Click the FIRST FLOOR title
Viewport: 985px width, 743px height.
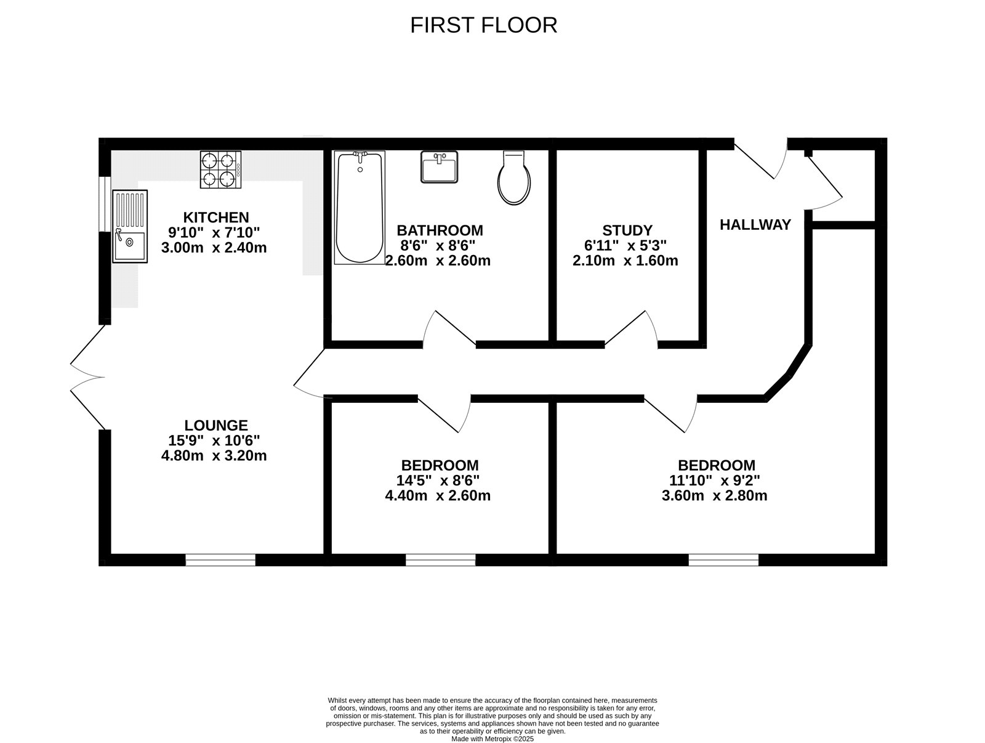(x=483, y=25)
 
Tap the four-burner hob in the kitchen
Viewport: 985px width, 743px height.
(x=220, y=169)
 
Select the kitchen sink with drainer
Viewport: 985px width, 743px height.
(x=130, y=226)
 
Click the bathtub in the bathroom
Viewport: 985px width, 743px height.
(x=360, y=208)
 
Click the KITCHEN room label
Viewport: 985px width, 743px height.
(x=216, y=217)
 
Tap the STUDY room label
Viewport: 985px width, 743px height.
(x=627, y=230)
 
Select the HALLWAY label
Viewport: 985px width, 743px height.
(x=755, y=225)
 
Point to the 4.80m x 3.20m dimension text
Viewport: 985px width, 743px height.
(x=214, y=456)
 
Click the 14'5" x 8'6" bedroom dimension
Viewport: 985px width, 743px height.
(x=438, y=481)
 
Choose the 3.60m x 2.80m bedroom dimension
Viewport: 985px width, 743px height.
(x=714, y=495)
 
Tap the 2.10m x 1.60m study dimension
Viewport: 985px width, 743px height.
(x=625, y=261)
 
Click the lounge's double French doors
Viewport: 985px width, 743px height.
(x=86, y=377)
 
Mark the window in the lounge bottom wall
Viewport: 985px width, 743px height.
(x=220, y=559)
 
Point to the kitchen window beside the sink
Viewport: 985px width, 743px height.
(x=105, y=205)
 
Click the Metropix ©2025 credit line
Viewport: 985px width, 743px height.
(x=492, y=739)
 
